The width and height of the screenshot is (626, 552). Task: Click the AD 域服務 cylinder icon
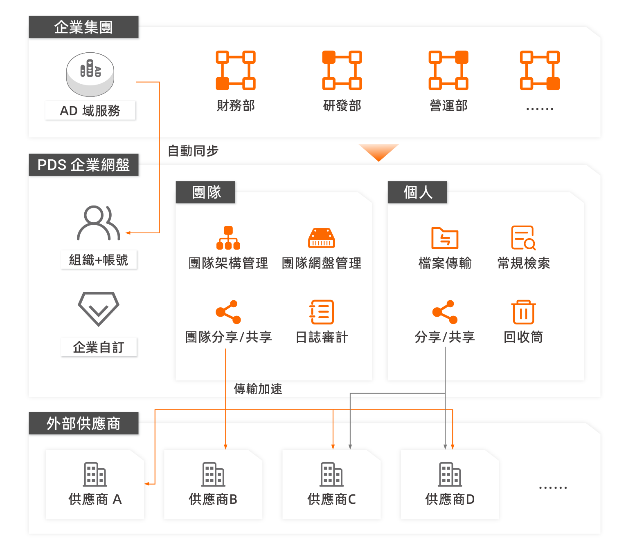pos(90,74)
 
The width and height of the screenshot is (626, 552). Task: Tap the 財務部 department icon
pos(236,70)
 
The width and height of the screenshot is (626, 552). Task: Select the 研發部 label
pos(342,106)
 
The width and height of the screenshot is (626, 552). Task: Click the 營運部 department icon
pos(448,70)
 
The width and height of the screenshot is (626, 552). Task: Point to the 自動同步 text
pos(193,151)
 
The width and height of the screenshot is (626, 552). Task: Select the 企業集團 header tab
pos(83,27)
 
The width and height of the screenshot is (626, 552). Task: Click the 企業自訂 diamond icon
pos(98,308)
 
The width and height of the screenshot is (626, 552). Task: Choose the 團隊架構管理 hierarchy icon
pos(228,238)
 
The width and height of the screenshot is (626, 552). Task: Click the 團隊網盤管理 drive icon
pos(321,238)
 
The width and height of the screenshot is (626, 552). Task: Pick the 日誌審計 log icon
pos(322,312)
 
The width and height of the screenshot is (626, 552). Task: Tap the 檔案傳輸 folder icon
pos(445,238)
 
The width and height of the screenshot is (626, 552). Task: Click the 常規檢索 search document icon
pos(523,238)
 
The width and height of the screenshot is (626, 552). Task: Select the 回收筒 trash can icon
pos(523,312)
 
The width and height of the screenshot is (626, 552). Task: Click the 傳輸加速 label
pos(258,389)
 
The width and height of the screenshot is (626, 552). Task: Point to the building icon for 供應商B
pos(213,474)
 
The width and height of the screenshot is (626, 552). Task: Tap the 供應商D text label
pos(450,499)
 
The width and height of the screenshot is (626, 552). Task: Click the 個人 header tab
pos(417,192)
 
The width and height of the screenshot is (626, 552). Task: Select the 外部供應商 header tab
pos(83,424)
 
